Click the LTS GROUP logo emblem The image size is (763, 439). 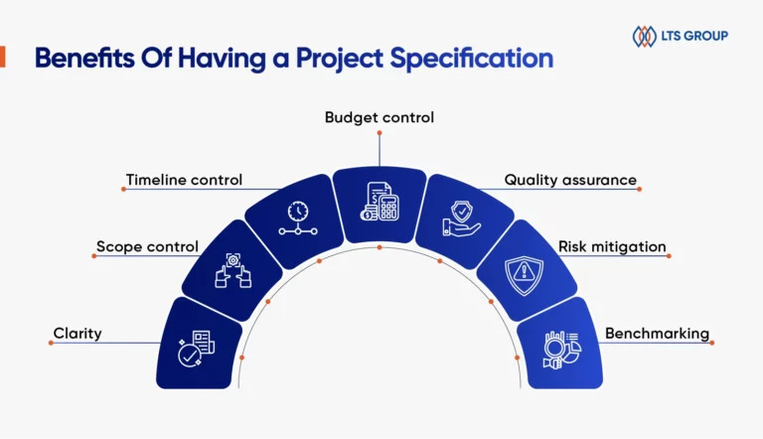pyautogui.click(x=644, y=36)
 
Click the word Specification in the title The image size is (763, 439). pyautogui.click(x=472, y=59)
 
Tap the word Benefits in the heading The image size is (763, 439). pyautogui.click(x=84, y=58)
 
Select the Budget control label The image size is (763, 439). pyautogui.click(x=380, y=117)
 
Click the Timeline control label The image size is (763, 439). pyautogui.click(x=184, y=180)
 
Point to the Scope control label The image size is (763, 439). pyautogui.click(x=147, y=246)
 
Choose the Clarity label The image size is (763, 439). pyautogui.click(x=77, y=334)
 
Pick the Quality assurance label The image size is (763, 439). pyautogui.click(x=570, y=180)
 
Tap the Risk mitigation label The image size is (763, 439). pyautogui.click(x=612, y=246)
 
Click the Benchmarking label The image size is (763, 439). pyautogui.click(x=657, y=334)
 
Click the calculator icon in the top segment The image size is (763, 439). pyautogui.click(x=381, y=202)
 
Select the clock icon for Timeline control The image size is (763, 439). pyautogui.click(x=298, y=219)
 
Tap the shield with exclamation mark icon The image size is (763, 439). pyautogui.click(x=525, y=275)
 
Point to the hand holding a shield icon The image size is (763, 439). pyautogui.click(x=461, y=219)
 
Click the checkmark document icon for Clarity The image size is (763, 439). pyautogui.click(x=196, y=349)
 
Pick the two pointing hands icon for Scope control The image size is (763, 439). pyautogui.click(x=233, y=270)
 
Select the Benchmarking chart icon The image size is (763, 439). pyautogui.click(x=562, y=350)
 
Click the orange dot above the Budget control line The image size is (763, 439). pyautogui.click(x=380, y=133)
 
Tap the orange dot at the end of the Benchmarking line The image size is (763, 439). pyautogui.click(x=712, y=343)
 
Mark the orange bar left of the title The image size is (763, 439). pyautogui.click(x=2, y=57)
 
